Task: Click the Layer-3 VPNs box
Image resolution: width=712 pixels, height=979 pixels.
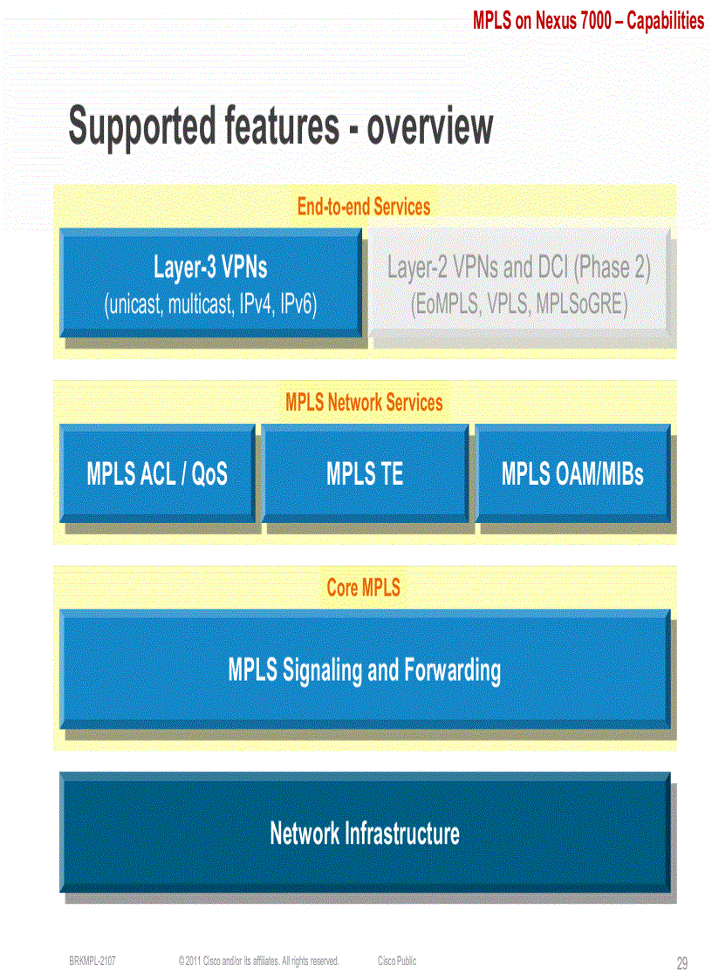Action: click(210, 282)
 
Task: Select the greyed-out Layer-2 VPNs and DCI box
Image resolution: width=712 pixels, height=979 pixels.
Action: click(519, 282)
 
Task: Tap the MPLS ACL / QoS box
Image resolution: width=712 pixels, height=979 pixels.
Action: click(157, 473)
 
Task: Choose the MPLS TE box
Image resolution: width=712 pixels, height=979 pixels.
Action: click(365, 473)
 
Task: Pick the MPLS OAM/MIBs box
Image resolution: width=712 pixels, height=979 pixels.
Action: click(572, 473)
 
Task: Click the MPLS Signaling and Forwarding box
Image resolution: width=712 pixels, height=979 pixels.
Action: click(365, 670)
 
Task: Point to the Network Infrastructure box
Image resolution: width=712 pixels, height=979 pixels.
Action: click(365, 833)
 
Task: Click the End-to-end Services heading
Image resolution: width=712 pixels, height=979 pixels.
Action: click(364, 207)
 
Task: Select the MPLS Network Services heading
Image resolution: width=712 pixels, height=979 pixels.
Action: click(364, 403)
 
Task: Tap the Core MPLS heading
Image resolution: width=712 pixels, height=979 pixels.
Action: click(364, 588)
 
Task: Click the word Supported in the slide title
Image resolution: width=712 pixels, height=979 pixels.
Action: click(142, 127)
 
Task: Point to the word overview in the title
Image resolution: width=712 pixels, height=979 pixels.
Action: click(429, 127)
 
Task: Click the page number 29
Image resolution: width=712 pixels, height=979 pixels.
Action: click(681, 963)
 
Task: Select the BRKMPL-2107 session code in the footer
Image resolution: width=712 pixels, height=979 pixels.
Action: click(92, 961)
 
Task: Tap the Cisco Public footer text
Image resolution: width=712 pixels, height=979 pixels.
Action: click(397, 961)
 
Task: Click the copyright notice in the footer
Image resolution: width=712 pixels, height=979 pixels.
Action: click(258, 961)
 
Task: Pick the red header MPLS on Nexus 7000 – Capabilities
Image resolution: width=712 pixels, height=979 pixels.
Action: click(588, 21)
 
